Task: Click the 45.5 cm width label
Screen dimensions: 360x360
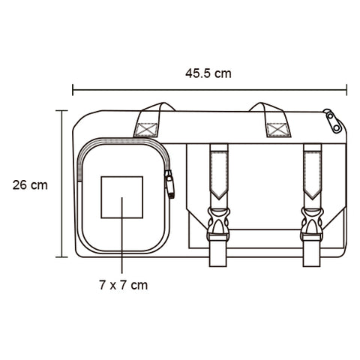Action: [x=208, y=73]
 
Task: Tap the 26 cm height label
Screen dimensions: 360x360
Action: [x=30, y=185]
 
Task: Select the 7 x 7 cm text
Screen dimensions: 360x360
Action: [x=123, y=285]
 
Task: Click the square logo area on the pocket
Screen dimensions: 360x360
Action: [x=122, y=197]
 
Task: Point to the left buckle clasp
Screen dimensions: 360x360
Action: [x=218, y=224]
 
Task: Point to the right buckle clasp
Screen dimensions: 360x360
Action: [x=312, y=224]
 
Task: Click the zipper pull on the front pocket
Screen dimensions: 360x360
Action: [x=169, y=184]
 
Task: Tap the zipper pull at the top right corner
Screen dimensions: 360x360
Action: [x=333, y=121]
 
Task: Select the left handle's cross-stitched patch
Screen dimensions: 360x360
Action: [x=146, y=130]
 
